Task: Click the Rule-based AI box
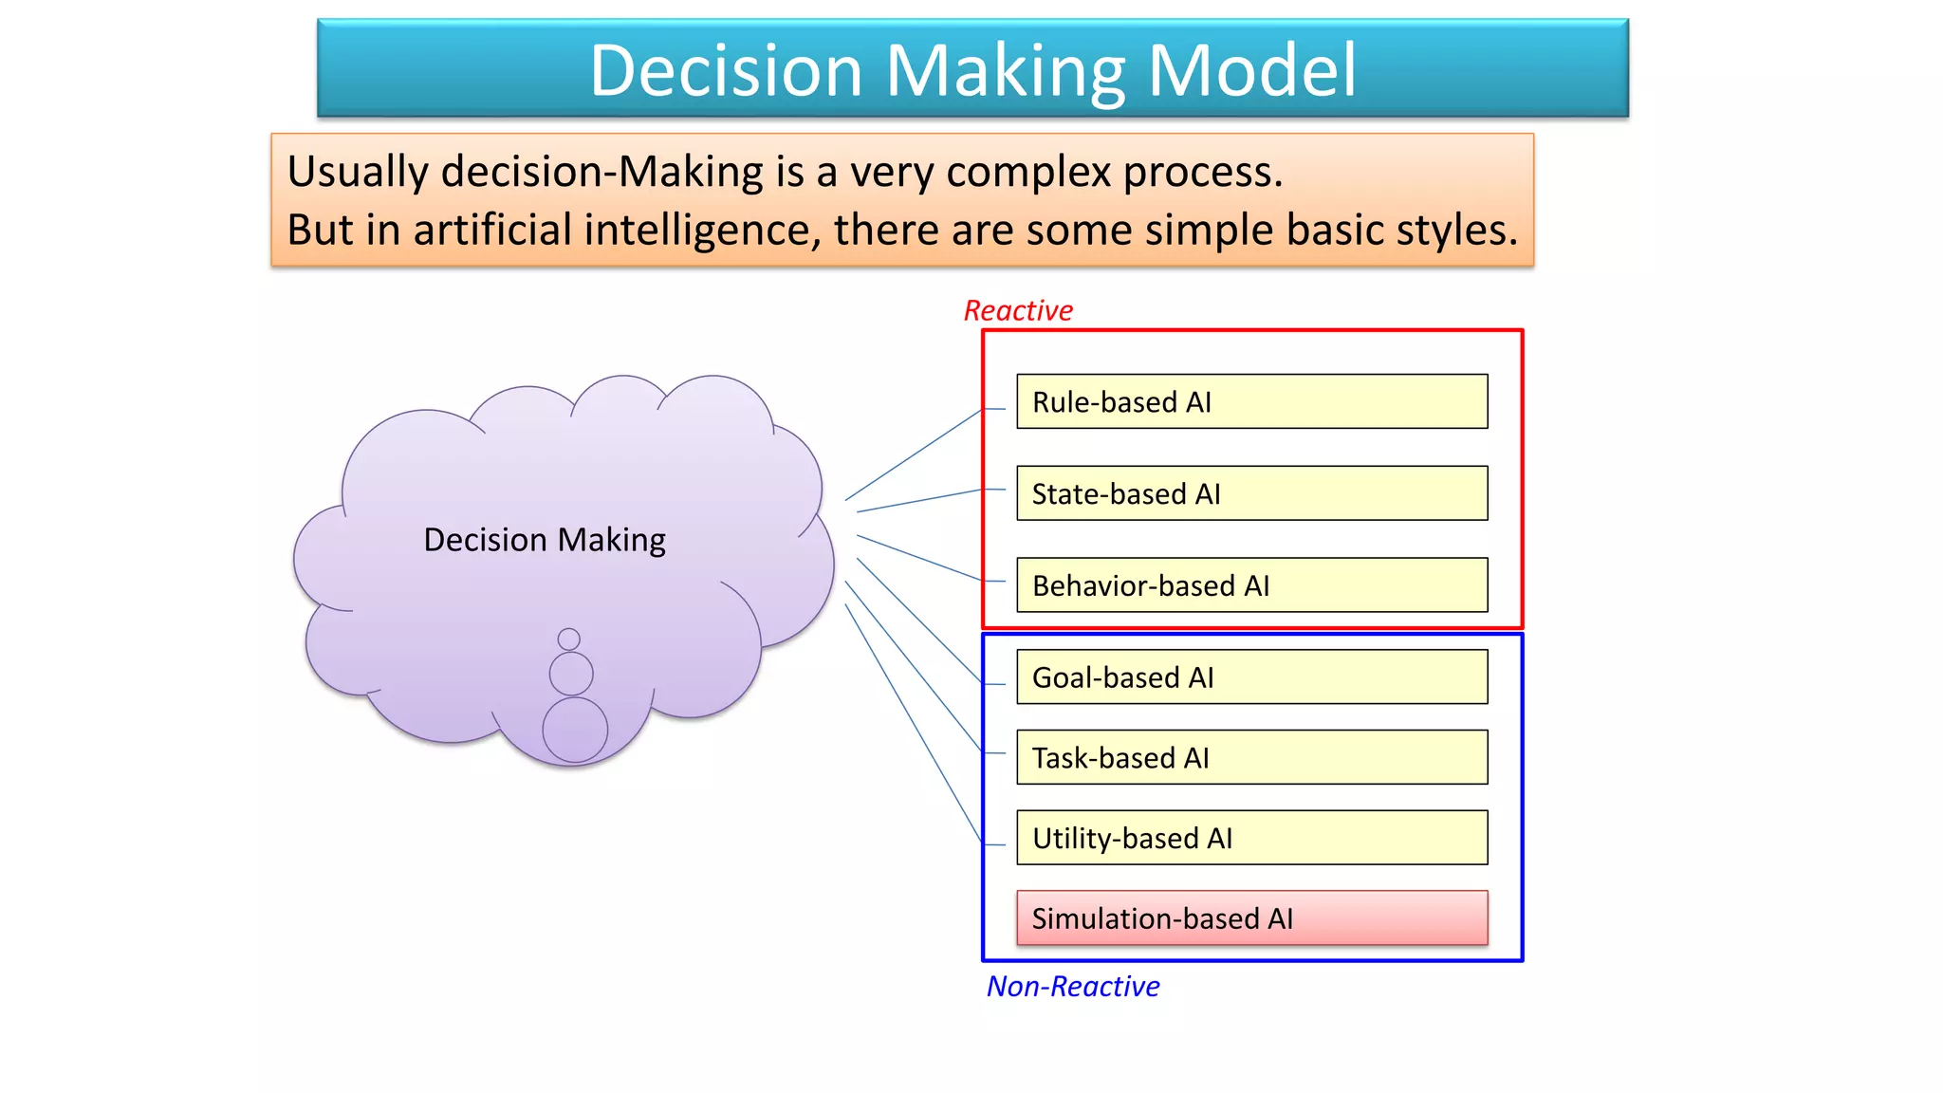click(x=1251, y=401)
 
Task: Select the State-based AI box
click(x=1251, y=493)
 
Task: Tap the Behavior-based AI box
click(x=1251, y=585)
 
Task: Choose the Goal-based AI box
click(x=1251, y=676)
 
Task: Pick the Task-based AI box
click(x=1251, y=757)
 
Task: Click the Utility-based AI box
click(x=1251, y=838)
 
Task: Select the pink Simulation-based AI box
click(x=1251, y=917)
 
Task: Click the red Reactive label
click(x=1018, y=310)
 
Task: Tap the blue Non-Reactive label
click(x=1073, y=987)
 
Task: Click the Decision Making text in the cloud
click(x=545, y=540)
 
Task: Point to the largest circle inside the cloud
click(x=575, y=730)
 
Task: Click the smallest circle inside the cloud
click(x=569, y=639)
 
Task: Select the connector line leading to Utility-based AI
click(x=913, y=723)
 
